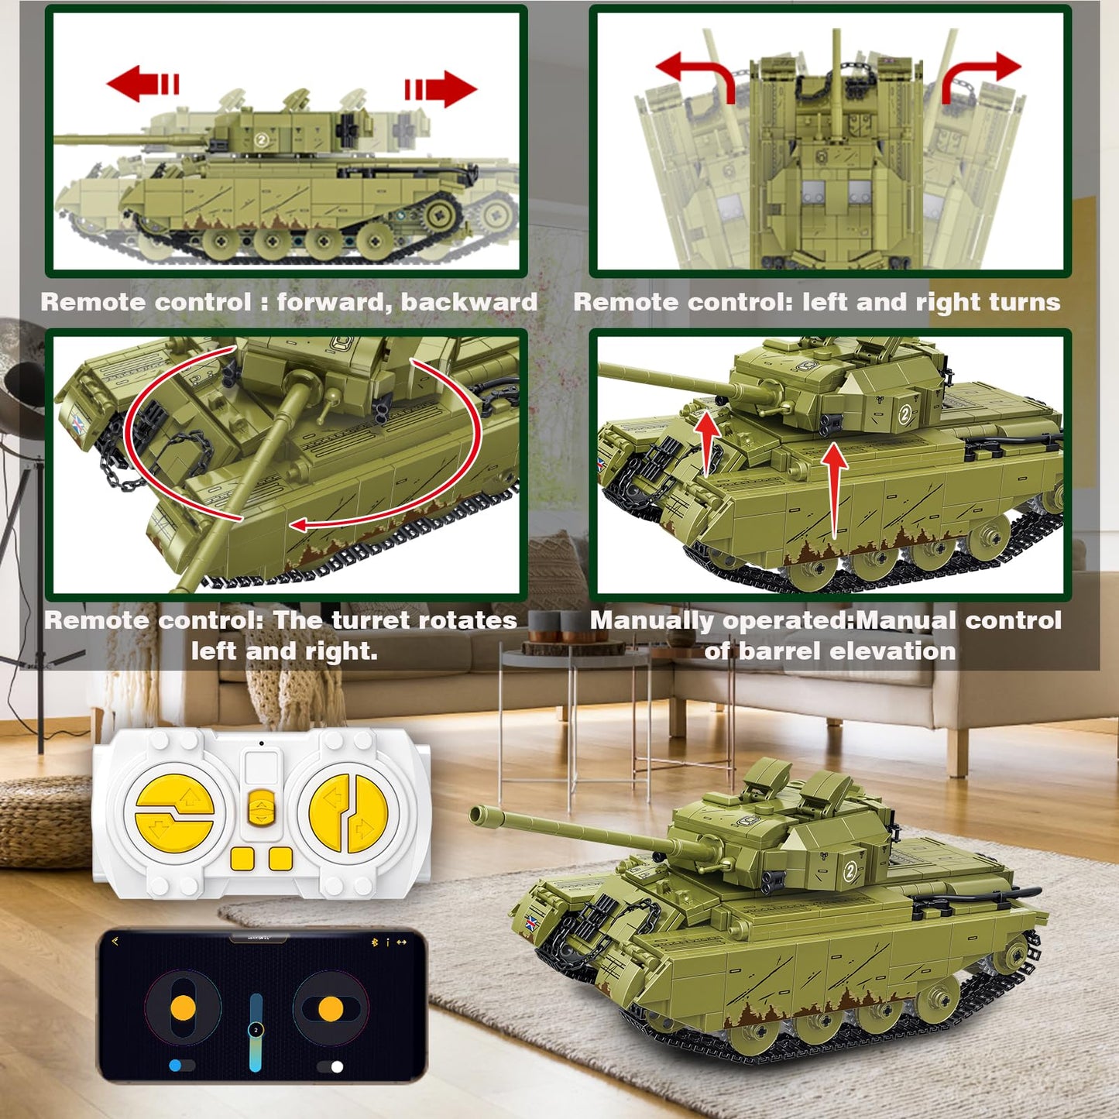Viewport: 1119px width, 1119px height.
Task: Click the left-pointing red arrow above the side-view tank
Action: (142, 84)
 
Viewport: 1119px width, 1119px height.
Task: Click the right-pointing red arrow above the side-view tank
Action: (441, 89)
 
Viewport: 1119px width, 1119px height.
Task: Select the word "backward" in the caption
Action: (469, 302)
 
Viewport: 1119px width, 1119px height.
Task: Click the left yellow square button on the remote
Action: (242, 858)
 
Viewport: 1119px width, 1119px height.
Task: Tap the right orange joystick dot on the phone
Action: (331, 1009)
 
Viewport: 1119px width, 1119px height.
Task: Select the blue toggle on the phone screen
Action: (181, 1065)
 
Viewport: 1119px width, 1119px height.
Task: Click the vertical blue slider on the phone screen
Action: (256, 1032)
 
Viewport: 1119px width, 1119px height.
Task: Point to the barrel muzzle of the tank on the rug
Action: (478, 814)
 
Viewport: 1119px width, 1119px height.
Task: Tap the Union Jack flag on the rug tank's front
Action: (530, 923)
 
